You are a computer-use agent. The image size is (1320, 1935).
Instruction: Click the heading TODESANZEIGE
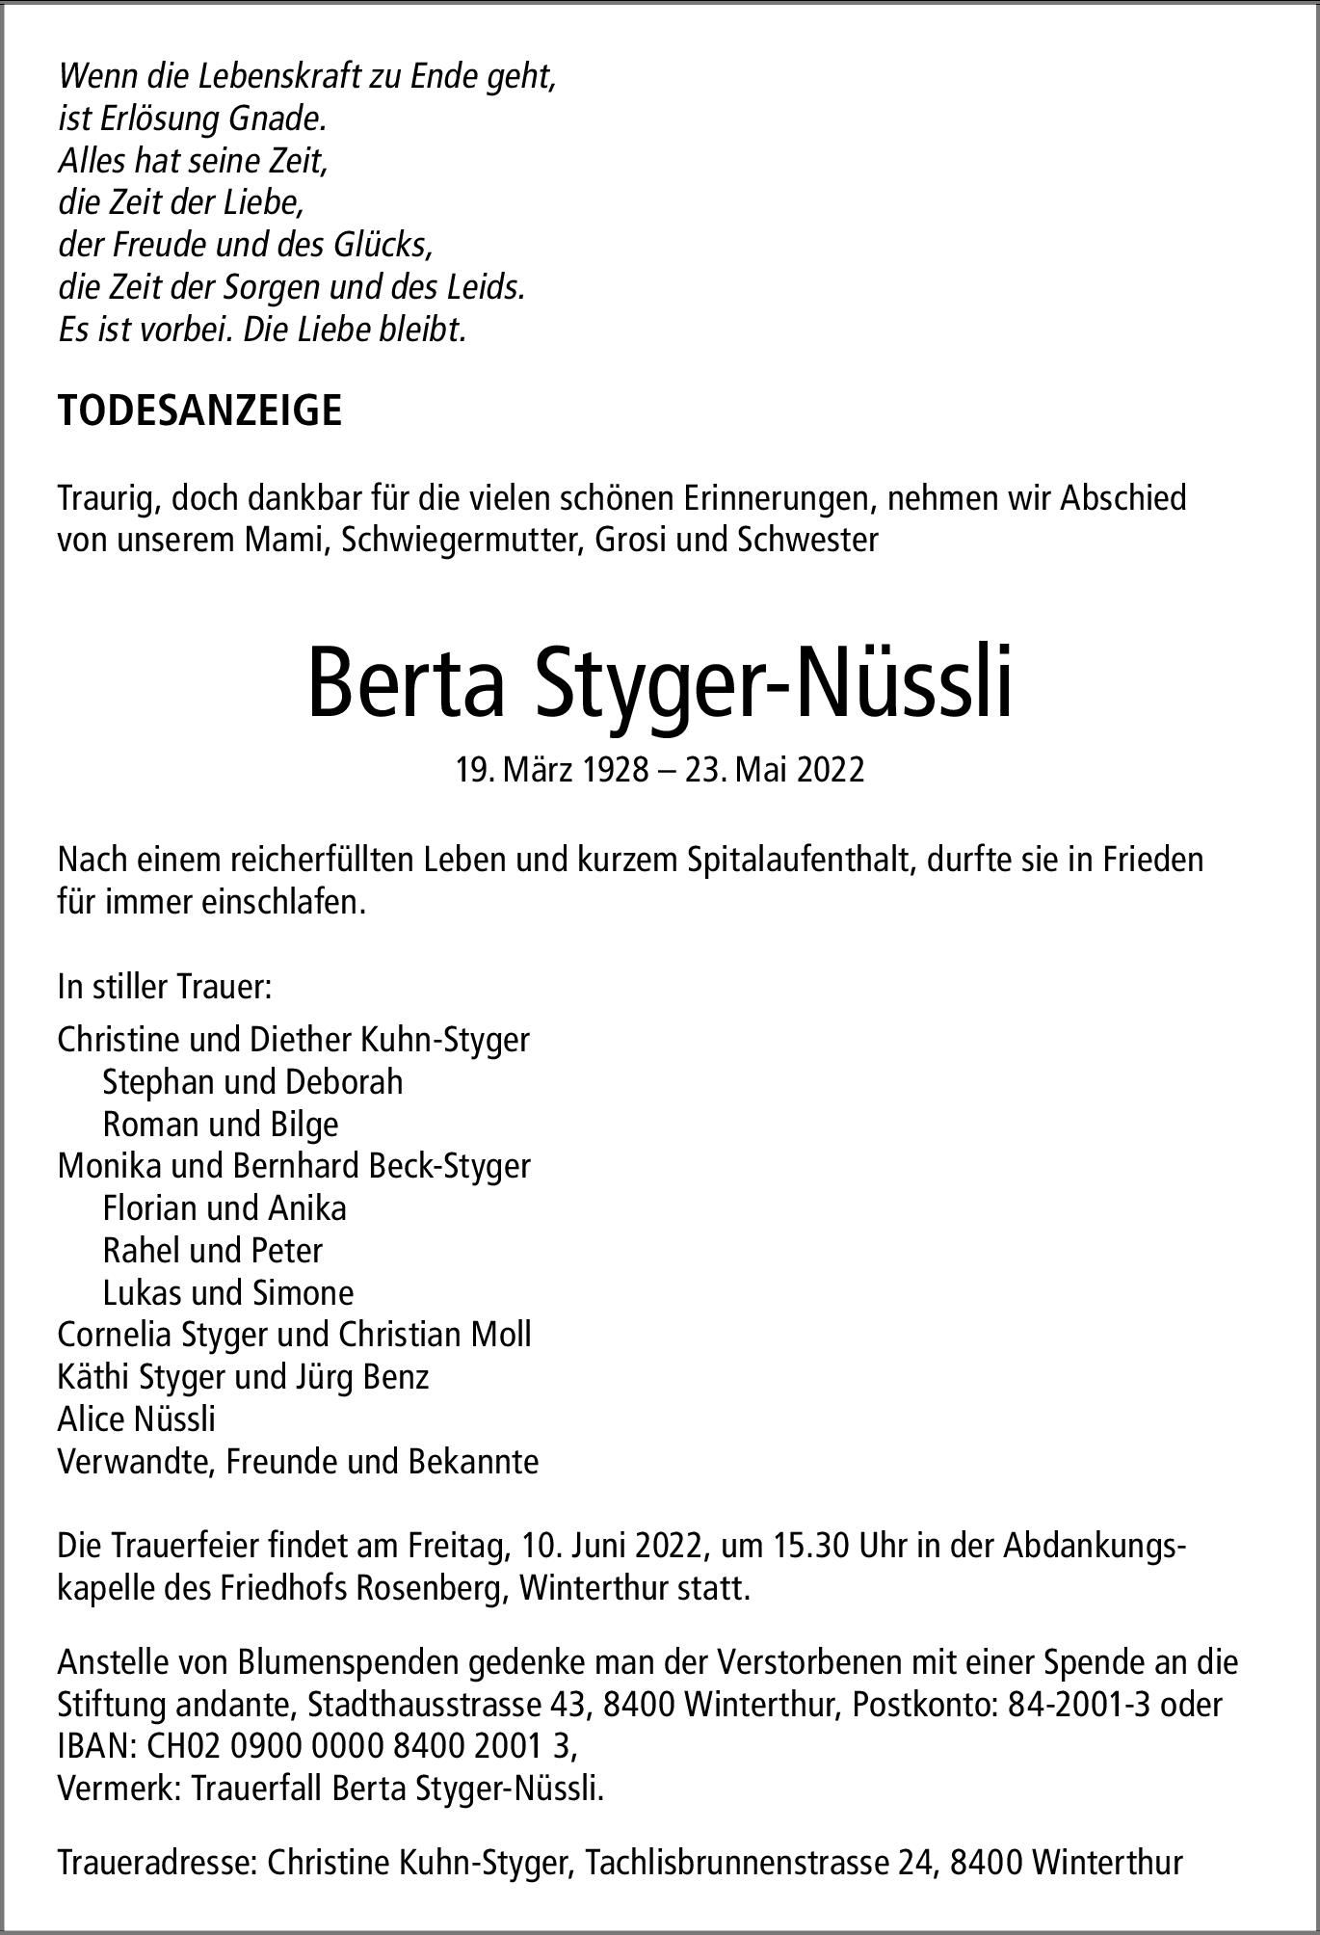[199, 411]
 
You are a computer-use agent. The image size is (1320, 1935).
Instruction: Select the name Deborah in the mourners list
[343, 1082]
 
